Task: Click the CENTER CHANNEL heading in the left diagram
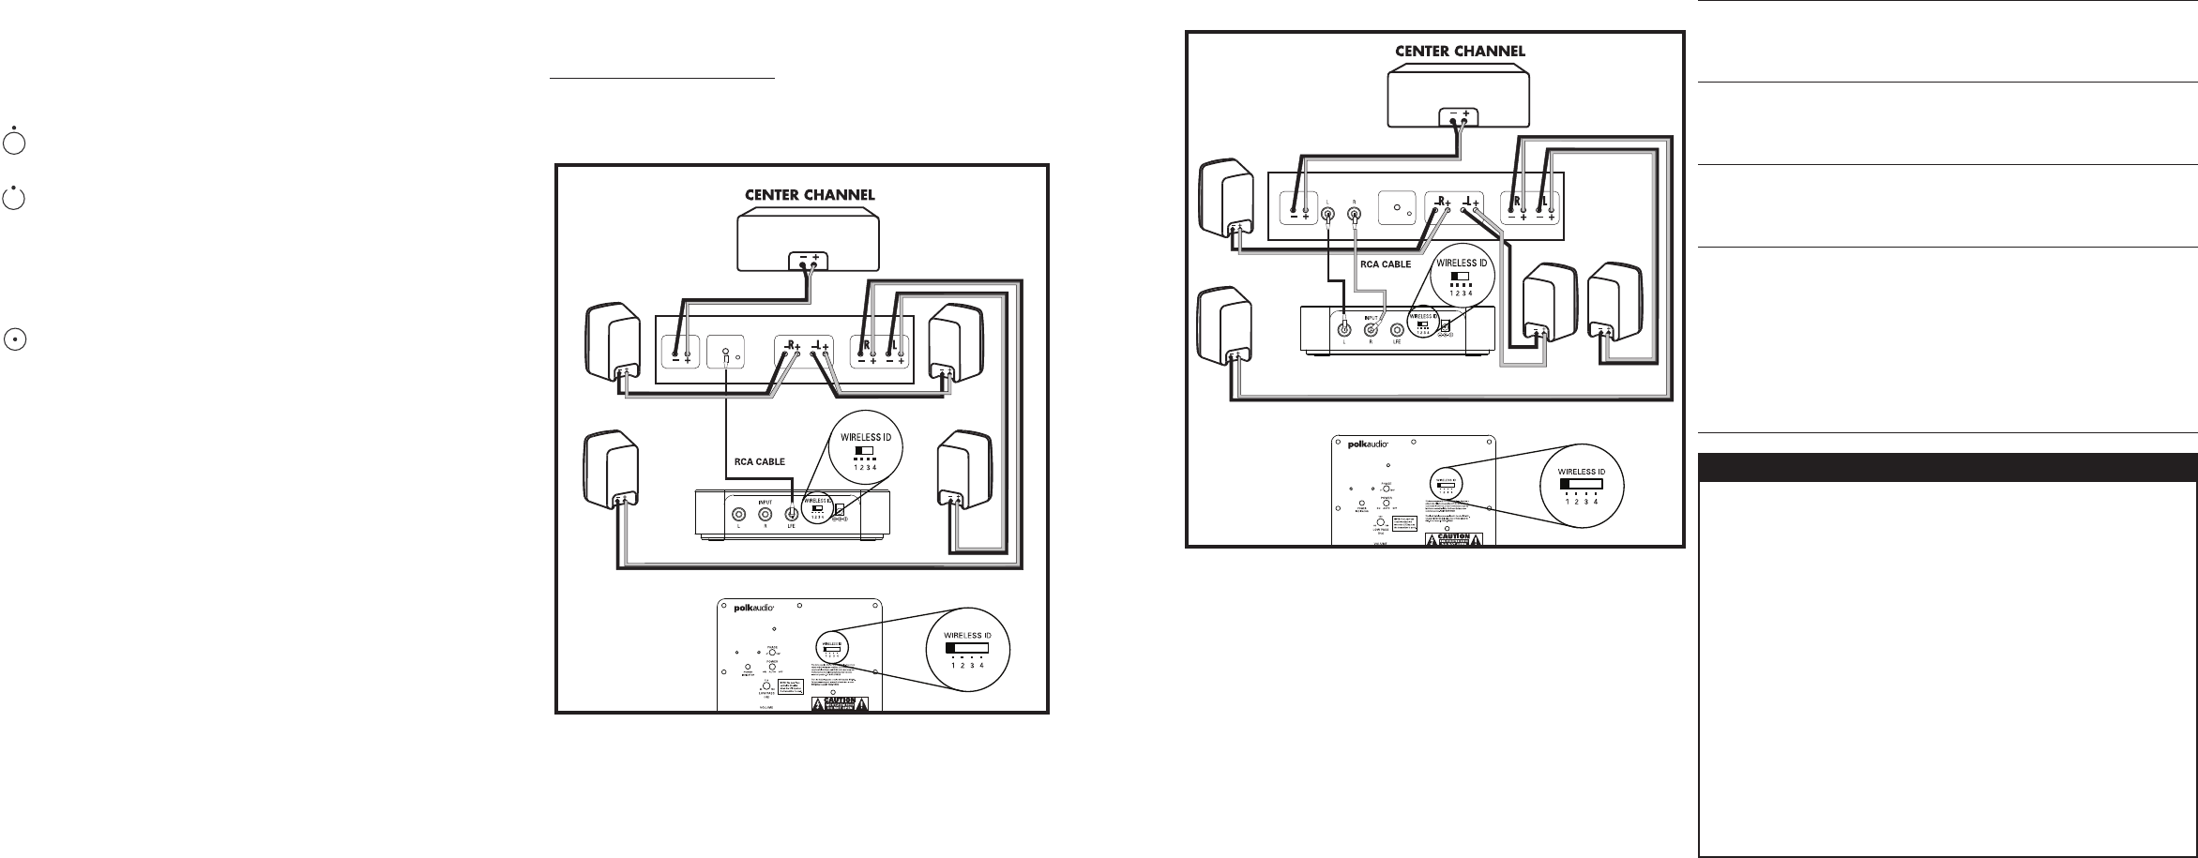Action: [x=809, y=195]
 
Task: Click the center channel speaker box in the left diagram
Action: [x=809, y=240]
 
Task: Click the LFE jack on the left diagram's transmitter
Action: [x=792, y=514]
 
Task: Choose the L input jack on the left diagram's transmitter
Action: [x=739, y=514]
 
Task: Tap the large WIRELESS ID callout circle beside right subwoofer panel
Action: [x=1583, y=484]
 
